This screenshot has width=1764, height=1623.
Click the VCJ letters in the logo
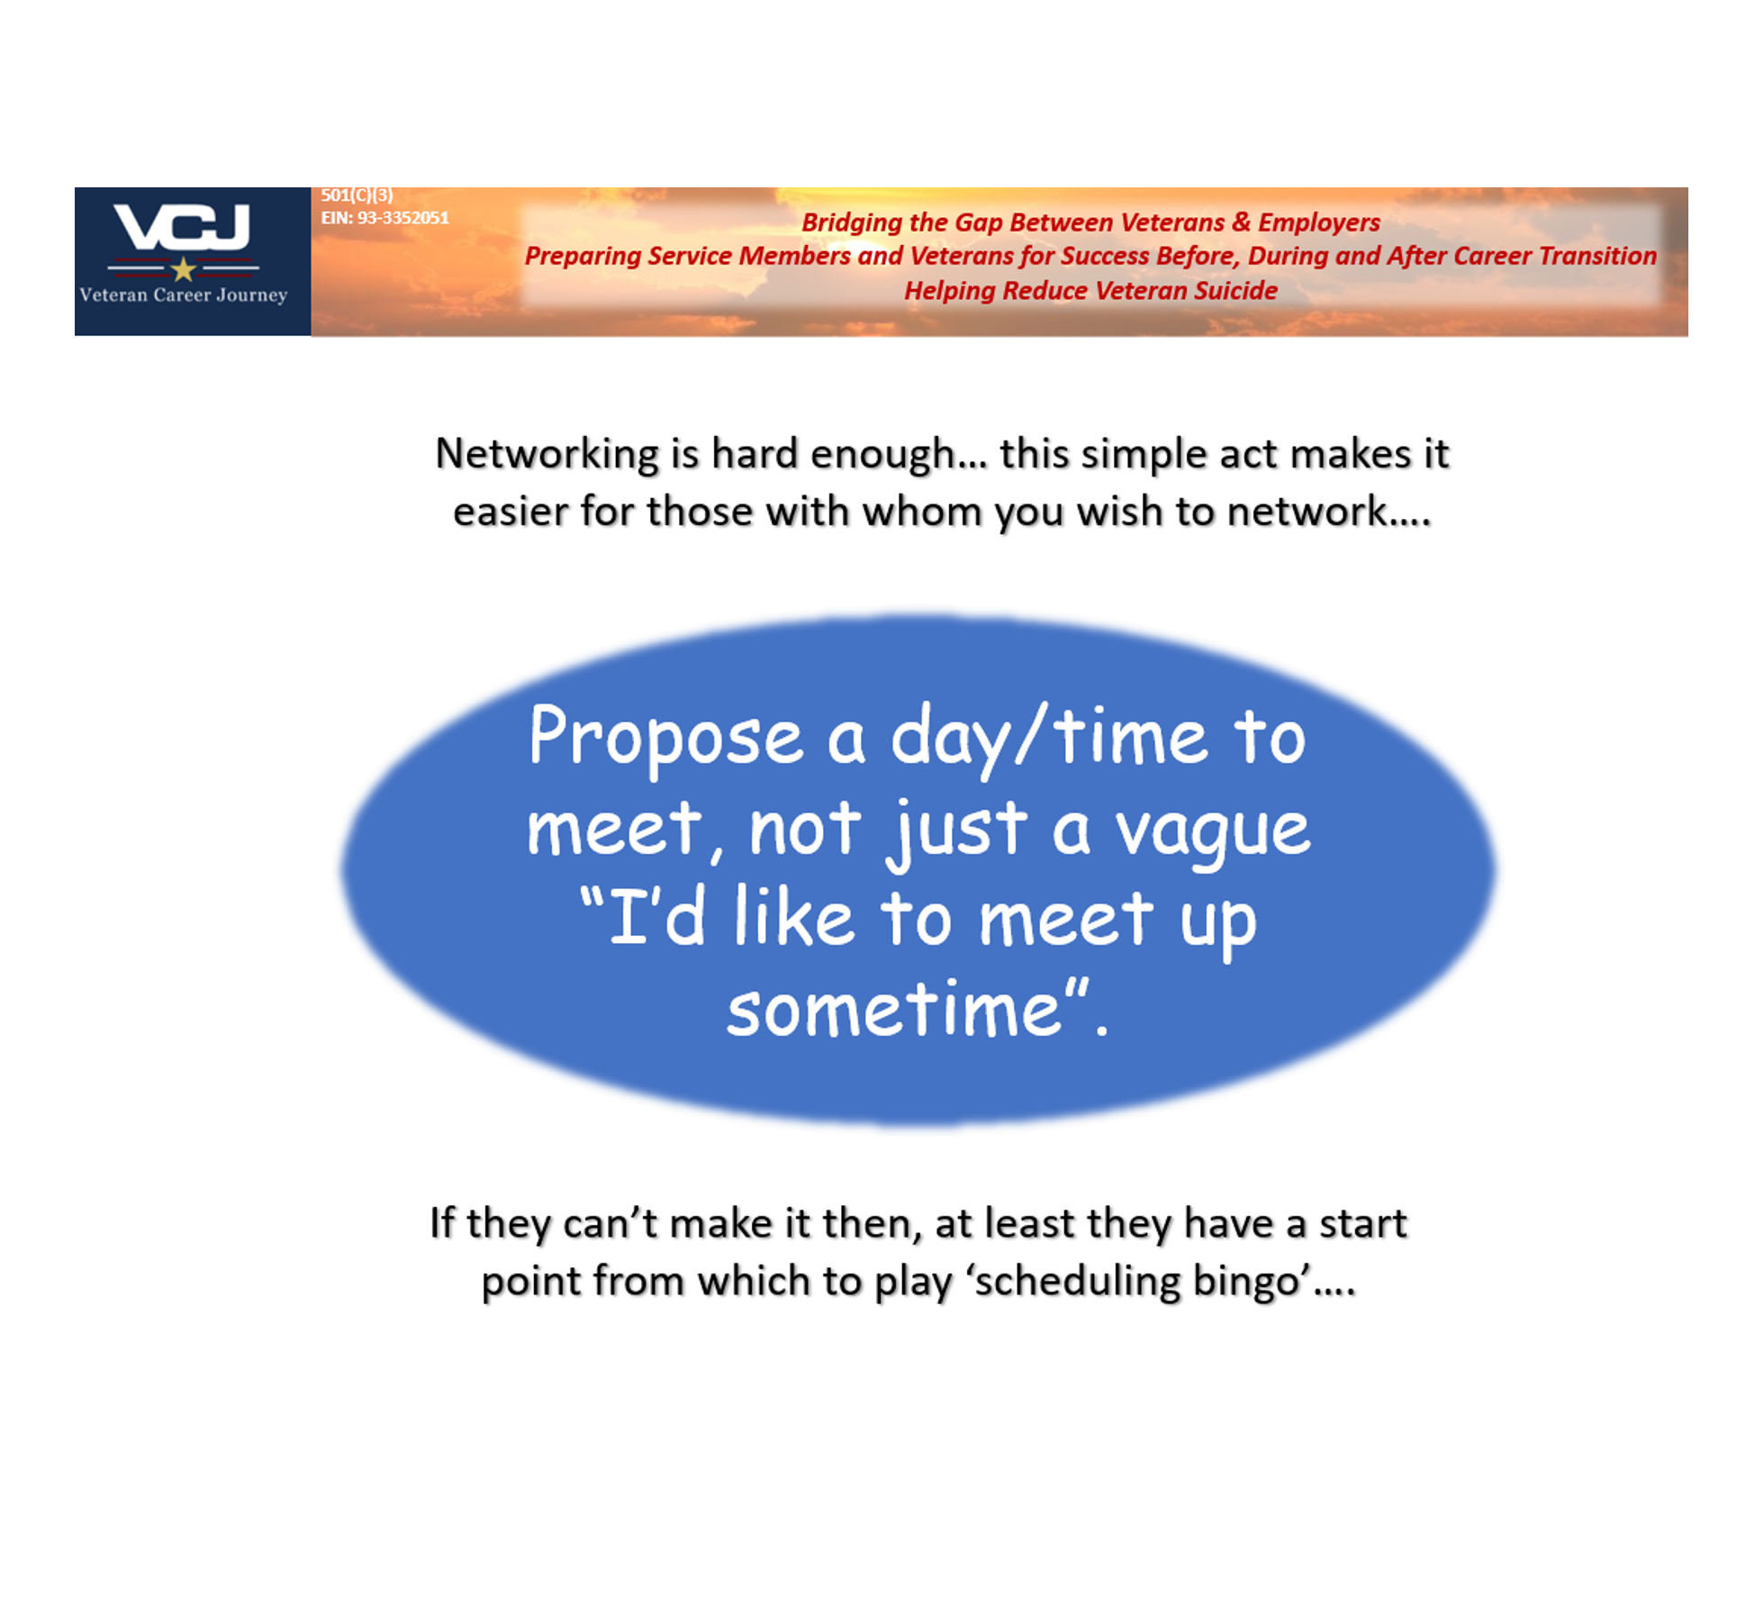(182, 227)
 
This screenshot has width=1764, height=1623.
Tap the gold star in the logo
(184, 268)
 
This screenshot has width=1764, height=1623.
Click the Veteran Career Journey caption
(184, 295)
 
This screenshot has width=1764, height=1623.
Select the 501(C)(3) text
(357, 195)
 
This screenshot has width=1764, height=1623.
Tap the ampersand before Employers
(1242, 222)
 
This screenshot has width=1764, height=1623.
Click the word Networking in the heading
(547, 454)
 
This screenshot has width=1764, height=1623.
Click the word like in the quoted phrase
(792, 919)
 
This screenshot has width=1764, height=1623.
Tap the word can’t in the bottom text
(611, 1224)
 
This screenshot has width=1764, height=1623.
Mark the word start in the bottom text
(1362, 1224)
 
